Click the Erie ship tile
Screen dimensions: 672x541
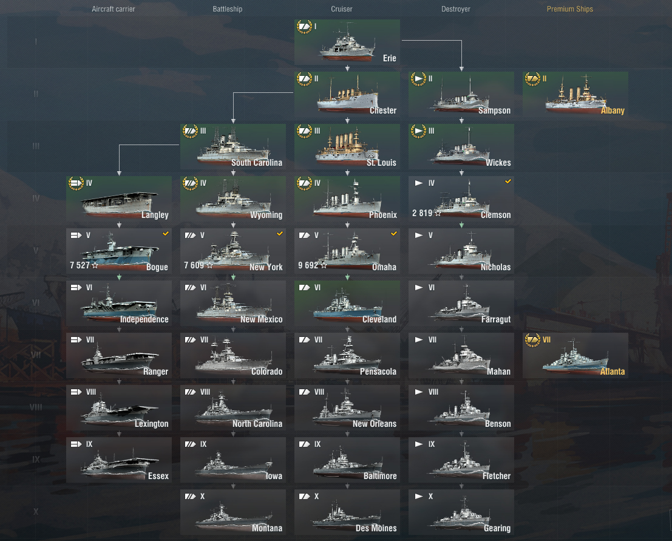click(x=347, y=42)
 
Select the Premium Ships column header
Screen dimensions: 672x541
click(x=569, y=9)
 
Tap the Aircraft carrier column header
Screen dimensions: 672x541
click(x=113, y=9)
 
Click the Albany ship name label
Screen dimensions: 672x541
click(x=613, y=111)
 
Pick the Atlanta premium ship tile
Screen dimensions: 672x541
click(x=575, y=355)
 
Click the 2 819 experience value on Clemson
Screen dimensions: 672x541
click(x=422, y=213)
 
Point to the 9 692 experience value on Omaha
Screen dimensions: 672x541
click(x=308, y=265)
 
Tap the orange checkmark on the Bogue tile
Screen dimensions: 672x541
click(x=166, y=234)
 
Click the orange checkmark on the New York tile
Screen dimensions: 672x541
click(x=279, y=234)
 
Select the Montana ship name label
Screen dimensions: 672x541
click(x=267, y=528)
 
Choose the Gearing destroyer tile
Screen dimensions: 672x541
click(x=461, y=512)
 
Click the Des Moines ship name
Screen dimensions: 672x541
click(x=376, y=528)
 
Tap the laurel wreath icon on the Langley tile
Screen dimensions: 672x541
click(x=76, y=183)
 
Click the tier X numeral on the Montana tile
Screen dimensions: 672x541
click(x=202, y=497)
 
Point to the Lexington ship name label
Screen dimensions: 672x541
click(x=151, y=424)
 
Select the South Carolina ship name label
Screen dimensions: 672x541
click(x=257, y=163)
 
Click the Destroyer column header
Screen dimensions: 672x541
click(x=455, y=9)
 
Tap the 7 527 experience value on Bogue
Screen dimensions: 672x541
click(x=80, y=265)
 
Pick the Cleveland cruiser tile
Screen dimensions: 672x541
click(x=347, y=303)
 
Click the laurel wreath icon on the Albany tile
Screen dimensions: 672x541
click(x=533, y=79)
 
